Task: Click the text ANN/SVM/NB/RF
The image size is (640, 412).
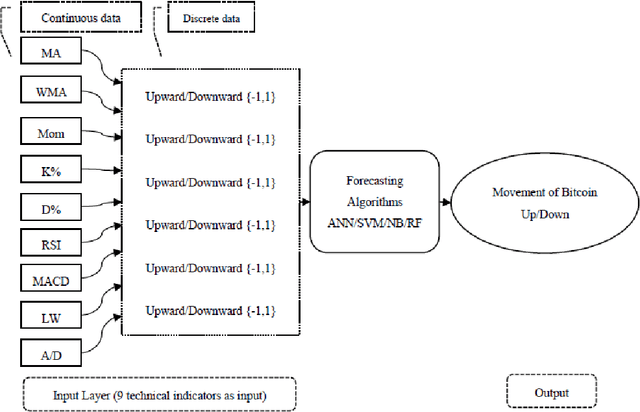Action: click(375, 223)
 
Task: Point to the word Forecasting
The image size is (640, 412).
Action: click(375, 181)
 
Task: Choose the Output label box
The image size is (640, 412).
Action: click(550, 393)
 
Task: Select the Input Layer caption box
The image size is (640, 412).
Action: click(159, 393)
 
